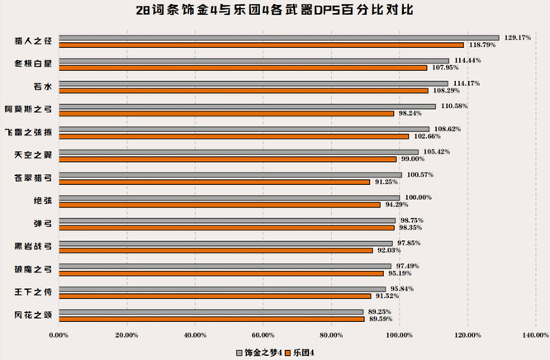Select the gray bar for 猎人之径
(279, 37)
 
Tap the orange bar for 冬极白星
(243, 68)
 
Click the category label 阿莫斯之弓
(31, 109)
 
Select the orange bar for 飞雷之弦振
(234, 136)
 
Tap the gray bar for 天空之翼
(239, 152)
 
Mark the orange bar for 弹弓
(226, 228)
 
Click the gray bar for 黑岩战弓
(225, 244)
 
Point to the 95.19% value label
(404, 273)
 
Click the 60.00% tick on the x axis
(263, 334)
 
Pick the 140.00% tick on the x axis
(536, 334)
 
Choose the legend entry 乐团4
(303, 352)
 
